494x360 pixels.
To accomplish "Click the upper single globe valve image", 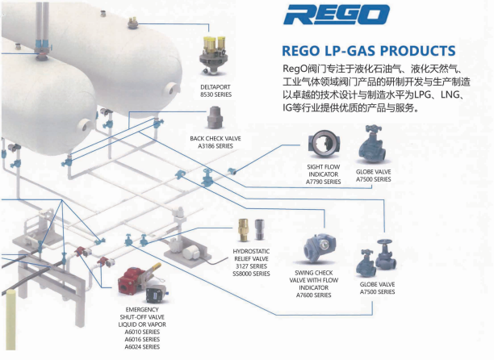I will pyautogui.click(x=372, y=148).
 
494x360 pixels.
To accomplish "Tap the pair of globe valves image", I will pyautogui.click(x=375, y=257).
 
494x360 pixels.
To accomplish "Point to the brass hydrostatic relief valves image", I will pyautogui.click(x=249, y=232).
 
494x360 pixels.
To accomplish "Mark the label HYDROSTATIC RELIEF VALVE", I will pyautogui.click(x=249, y=257).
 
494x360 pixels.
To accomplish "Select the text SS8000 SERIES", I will pyautogui.click(x=249, y=274).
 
